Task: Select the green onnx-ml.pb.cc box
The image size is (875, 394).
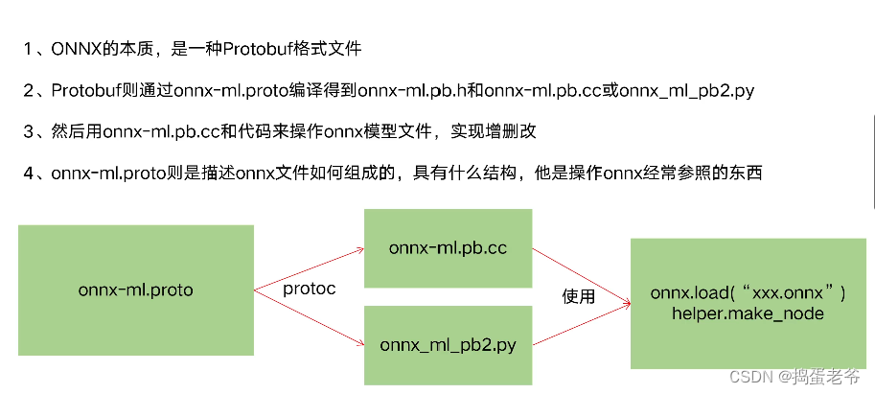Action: coord(448,247)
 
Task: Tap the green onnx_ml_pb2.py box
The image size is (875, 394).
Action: coord(448,344)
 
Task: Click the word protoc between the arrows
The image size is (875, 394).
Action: coord(309,290)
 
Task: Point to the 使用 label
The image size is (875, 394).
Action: coord(578,297)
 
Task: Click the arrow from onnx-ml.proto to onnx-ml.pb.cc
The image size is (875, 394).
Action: coord(309,267)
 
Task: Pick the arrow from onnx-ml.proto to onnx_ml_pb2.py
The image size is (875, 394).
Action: coord(309,315)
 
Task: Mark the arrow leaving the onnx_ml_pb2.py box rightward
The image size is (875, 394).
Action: coord(581,326)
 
